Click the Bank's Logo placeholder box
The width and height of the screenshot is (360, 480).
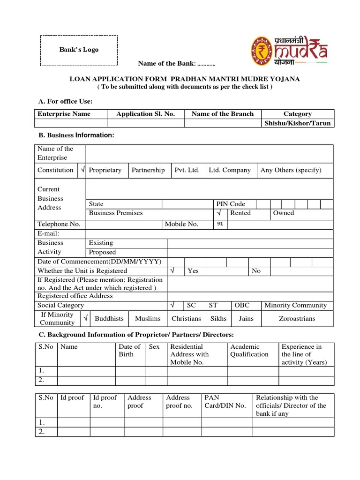click(x=78, y=50)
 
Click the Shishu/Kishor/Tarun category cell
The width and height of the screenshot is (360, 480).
click(x=298, y=123)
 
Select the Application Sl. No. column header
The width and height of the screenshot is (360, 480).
click(x=145, y=114)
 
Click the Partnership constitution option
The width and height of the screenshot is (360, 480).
click(x=148, y=170)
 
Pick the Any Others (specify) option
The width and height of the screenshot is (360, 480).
click(x=291, y=170)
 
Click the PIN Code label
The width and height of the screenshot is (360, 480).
click(x=230, y=204)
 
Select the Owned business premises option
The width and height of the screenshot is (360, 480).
click(x=284, y=213)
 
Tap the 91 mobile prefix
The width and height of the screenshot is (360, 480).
click(x=220, y=224)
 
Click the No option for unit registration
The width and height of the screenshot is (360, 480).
click(x=256, y=271)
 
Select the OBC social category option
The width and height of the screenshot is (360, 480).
click(x=242, y=305)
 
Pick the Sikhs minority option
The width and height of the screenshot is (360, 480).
click(x=218, y=318)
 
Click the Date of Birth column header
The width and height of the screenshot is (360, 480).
click(x=129, y=351)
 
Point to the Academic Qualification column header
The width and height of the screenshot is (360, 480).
click(x=249, y=351)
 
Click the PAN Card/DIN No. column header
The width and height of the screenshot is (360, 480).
click(x=225, y=402)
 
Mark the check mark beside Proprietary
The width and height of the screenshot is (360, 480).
click(x=82, y=170)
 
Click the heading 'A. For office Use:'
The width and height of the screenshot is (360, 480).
click(x=65, y=101)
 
